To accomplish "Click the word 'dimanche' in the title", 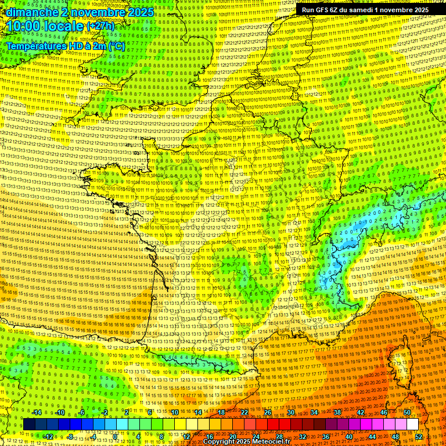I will pos(29,12).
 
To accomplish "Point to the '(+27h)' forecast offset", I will pos(100,27).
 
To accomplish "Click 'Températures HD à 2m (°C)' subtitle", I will pos(65,45).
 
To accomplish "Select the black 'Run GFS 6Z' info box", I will pos(365,9).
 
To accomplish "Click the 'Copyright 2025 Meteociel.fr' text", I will pos(246,441).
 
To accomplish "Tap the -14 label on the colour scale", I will pos(37,412).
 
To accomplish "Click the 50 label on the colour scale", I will pos(407,412).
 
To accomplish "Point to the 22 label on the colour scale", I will pos(244,412).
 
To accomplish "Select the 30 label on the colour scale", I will pos(291,412).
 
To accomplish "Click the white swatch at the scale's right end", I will pos(412,425).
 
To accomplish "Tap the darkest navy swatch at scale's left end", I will pos(30,425).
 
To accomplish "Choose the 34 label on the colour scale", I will pos(314,412).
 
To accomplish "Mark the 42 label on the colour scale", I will pos(361,412).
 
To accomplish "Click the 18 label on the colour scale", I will pos(221,412).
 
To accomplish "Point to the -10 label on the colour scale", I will pos(60,412).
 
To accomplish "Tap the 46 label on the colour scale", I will pos(384,412).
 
